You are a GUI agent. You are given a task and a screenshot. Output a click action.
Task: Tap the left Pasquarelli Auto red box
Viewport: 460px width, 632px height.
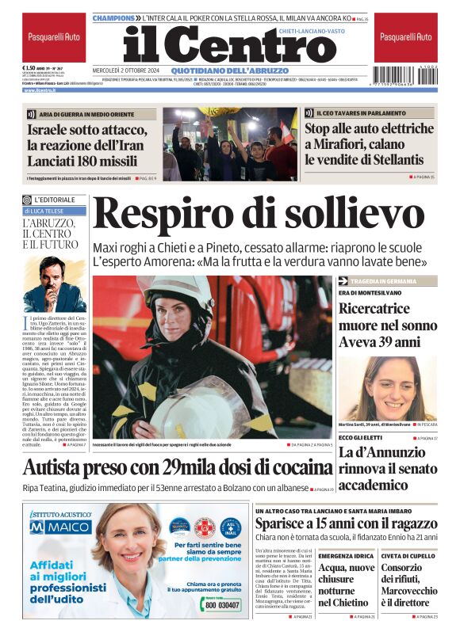[53, 37]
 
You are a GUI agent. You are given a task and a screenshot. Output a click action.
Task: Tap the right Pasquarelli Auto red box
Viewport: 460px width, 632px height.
[405, 37]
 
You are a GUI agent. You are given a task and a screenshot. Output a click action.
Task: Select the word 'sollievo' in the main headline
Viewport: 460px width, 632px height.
[348, 215]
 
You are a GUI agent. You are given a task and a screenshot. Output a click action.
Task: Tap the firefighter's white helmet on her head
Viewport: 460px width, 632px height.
[185, 293]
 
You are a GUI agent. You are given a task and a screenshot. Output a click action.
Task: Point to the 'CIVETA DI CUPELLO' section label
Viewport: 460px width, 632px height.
[409, 557]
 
